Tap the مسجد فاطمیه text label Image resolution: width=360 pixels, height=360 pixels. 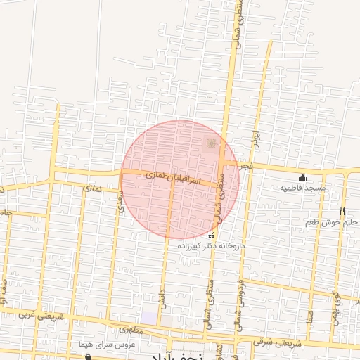(303, 188)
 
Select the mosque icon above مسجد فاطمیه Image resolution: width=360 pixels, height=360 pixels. (303, 177)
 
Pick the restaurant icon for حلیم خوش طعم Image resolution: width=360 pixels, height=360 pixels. (342, 211)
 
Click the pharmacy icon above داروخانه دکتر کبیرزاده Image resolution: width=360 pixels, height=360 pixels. (212, 236)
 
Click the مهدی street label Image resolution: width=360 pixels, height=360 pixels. (120, 203)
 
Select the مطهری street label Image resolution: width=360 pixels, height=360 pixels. (131, 329)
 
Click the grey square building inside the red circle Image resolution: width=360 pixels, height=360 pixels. (210, 144)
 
